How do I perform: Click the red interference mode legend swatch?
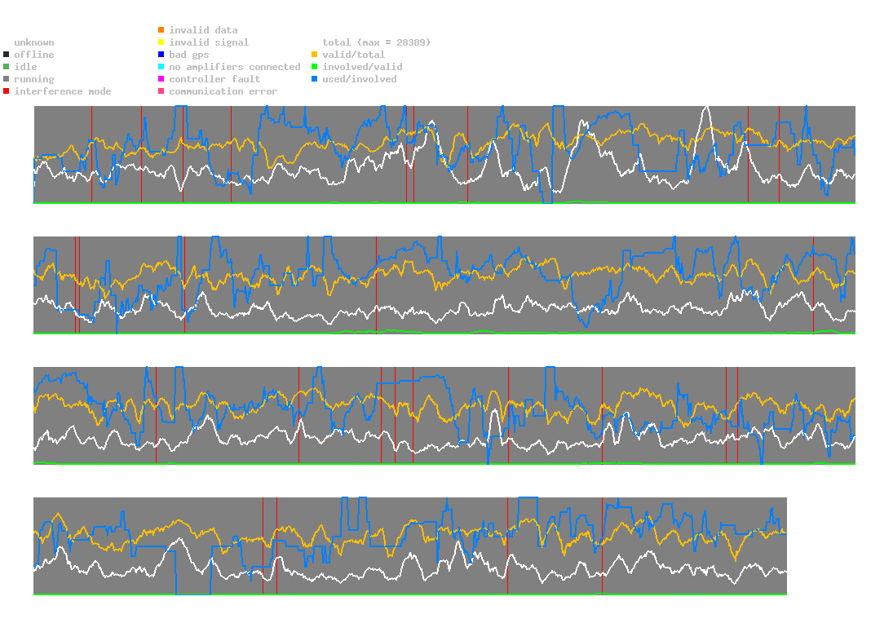[x=7, y=91]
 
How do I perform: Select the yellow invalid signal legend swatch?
[x=161, y=42]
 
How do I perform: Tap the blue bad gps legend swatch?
[x=161, y=55]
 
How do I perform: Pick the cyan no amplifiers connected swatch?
[x=161, y=67]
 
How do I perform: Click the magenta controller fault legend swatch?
[x=161, y=79]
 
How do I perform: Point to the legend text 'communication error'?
[x=223, y=91]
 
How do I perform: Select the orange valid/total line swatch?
[x=315, y=55]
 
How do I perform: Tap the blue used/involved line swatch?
[x=315, y=79]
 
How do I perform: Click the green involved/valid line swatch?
[x=315, y=67]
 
